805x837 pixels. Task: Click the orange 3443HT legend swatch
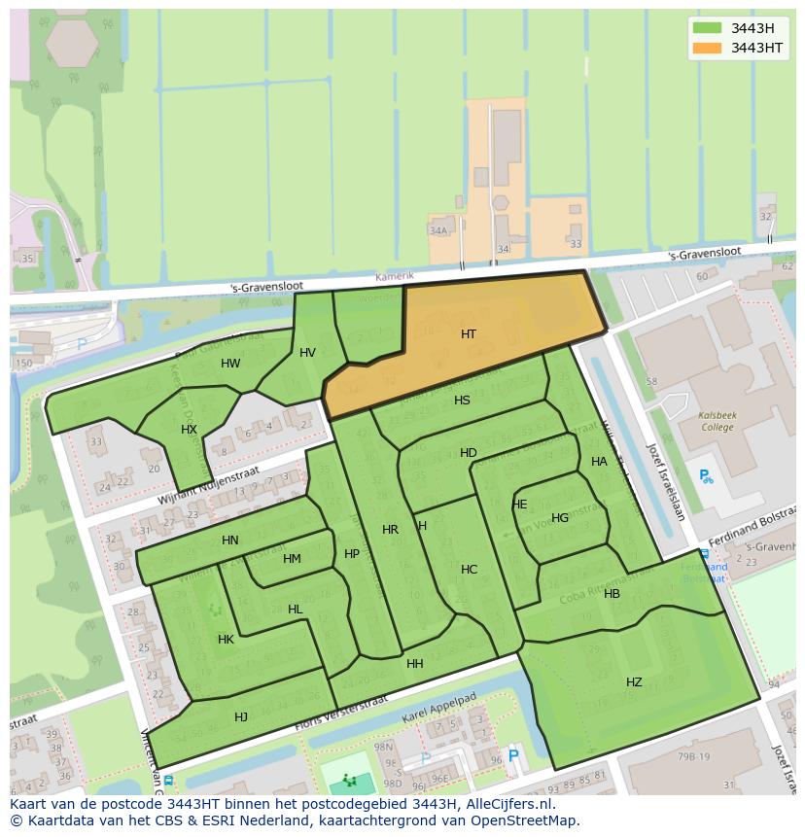coord(707,48)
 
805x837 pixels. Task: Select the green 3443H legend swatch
coord(707,28)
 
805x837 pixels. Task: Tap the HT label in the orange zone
coord(469,334)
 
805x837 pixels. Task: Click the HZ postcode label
coord(634,682)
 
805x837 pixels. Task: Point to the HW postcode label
coord(230,365)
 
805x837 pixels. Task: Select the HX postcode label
coord(189,430)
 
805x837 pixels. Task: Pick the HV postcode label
coord(307,353)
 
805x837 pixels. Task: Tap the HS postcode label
coord(462,401)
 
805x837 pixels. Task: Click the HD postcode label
coord(469,453)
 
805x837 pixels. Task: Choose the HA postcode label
coord(599,462)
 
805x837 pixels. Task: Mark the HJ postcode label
coord(241,717)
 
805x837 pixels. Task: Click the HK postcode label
coord(226,640)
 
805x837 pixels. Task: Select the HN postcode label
coord(229,541)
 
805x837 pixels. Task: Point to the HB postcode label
coord(612,594)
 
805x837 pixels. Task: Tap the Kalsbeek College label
coord(717,420)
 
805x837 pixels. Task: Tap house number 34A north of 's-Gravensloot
coord(438,230)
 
